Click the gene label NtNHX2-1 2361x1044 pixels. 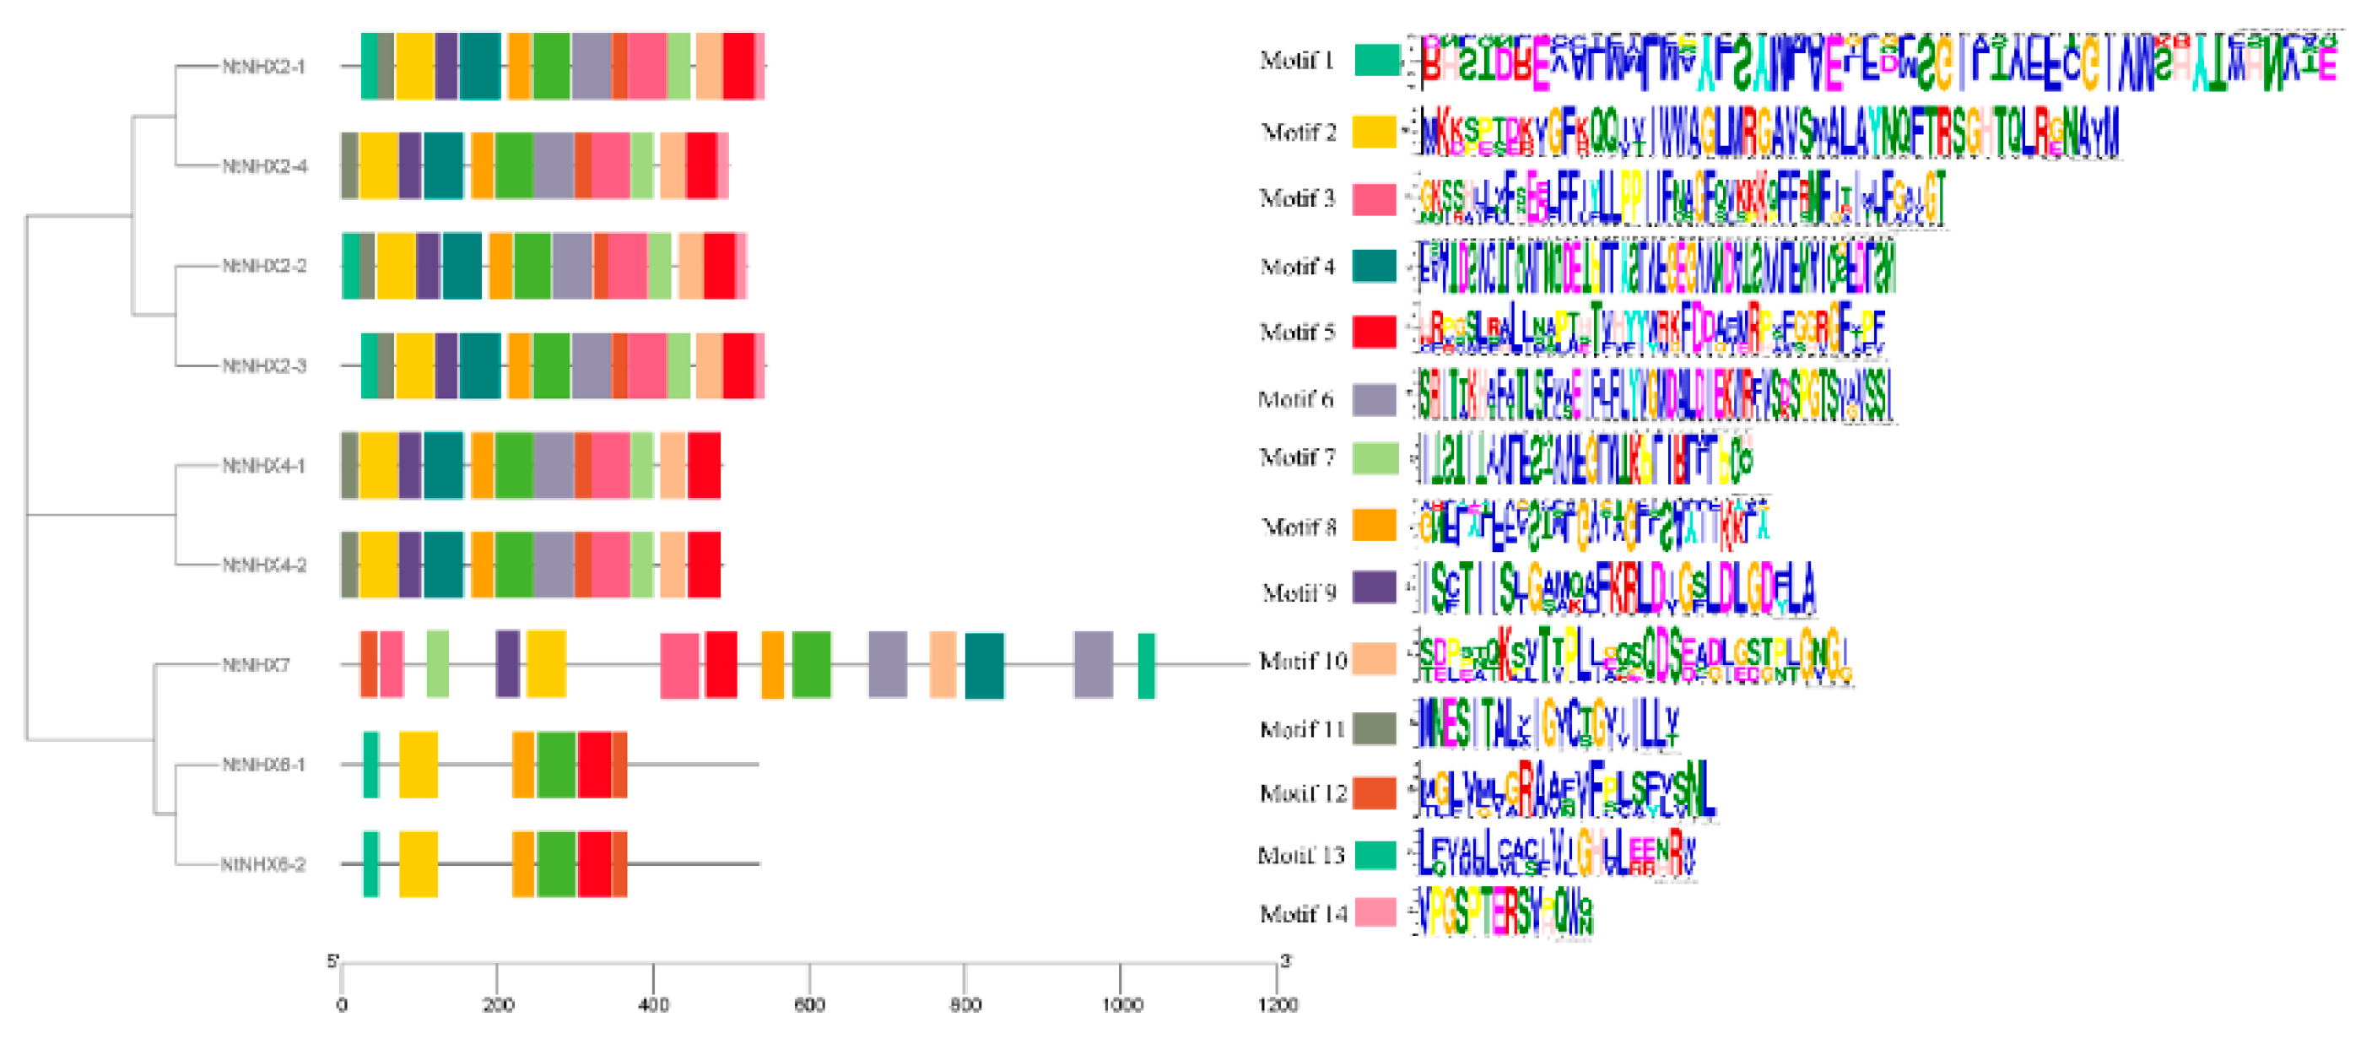pos(264,66)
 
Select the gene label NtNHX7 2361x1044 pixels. pos(256,664)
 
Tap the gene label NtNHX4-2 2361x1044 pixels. pos(264,565)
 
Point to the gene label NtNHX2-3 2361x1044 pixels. pos(264,365)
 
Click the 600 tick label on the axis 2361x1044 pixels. pos(808,1005)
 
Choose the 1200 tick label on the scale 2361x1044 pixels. pos(1277,1005)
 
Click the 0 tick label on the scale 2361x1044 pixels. pos(342,1005)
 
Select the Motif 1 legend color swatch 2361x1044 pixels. pos(1376,61)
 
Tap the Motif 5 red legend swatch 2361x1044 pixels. pos(1374,332)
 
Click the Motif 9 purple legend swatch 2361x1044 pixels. pos(1374,587)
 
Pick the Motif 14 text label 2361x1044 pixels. pos(1302,914)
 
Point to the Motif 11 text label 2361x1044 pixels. pos(1302,729)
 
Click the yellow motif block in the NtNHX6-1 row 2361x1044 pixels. pos(418,765)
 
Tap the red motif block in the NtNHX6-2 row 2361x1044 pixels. pos(594,864)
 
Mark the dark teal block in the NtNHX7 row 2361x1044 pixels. pos(985,664)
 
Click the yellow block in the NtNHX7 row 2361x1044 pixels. pos(546,664)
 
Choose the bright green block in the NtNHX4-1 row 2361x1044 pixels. pos(513,466)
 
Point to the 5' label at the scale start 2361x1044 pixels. pos(332,960)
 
